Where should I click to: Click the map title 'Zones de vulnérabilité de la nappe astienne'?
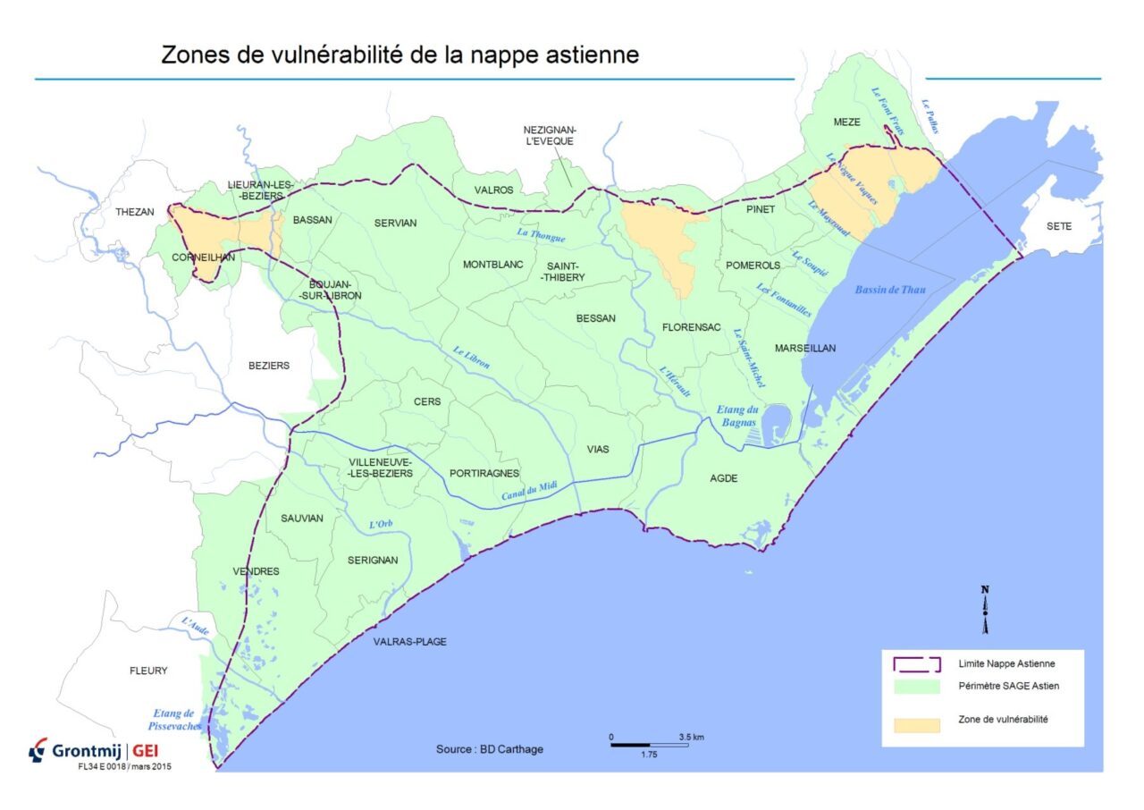click(x=400, y=55)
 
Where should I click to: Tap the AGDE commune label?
click(x=724, y=478)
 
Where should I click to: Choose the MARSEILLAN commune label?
click(x=805, y=348)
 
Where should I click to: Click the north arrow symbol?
click(x=985, y=610)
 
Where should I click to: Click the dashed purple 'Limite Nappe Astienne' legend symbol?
click(x=917, y=663)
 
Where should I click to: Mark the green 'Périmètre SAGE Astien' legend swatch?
click(x=917, y=686)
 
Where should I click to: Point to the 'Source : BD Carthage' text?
click(x=489, y=749)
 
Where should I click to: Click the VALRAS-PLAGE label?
click(x=410, y=641)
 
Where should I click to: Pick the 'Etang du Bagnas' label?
click(x=737, y=416)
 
